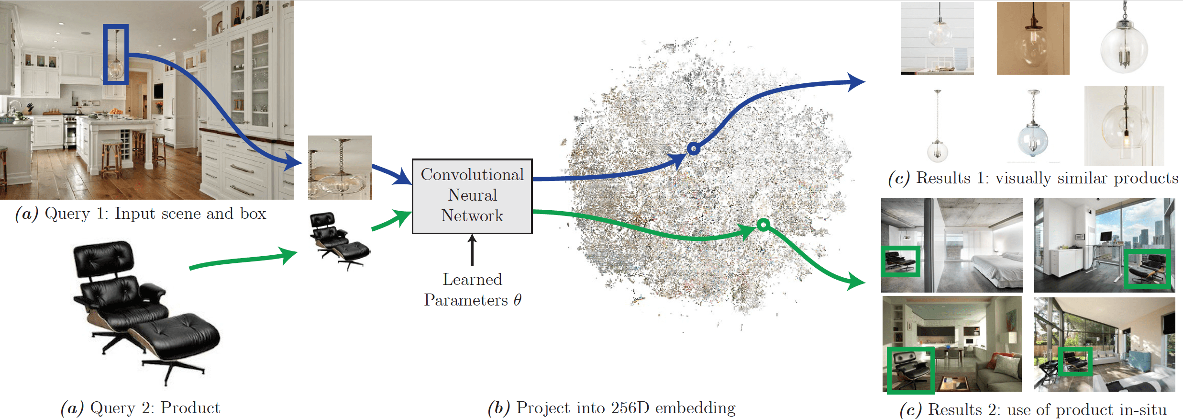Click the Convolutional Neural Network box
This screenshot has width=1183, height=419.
click(472, 196)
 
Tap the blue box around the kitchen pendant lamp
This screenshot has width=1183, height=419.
click(116, 55)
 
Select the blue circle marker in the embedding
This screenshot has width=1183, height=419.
click(693, 149)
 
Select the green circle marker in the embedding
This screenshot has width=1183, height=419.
click(763, 224)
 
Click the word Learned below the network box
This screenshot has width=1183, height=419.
click(472, 279)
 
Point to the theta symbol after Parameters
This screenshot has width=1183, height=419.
click(517, 300)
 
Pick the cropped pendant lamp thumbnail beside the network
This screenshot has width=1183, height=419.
click(340, 167)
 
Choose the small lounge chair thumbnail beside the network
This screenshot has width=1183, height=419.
click(340, 240)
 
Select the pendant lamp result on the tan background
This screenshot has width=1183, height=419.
click(1033, 38)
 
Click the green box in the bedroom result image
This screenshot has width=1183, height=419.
click(900, 261)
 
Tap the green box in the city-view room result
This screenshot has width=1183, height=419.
click(1147, 269)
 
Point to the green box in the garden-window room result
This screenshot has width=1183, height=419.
click(1075, 362)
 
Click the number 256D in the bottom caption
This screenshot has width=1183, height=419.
click(630, 408)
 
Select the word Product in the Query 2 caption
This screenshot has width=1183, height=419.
click(190, 408)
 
